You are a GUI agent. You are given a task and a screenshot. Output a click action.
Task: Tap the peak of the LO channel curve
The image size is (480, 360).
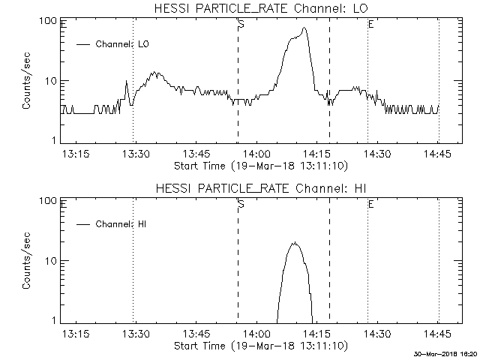[x=304, y=28]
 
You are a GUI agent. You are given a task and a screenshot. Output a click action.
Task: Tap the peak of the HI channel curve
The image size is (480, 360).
[x=295, y=242]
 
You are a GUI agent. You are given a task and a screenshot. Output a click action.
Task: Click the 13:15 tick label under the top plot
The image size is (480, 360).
[x=75, y=154]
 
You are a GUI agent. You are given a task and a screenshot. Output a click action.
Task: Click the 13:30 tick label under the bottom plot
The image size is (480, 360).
[x=135, y=334]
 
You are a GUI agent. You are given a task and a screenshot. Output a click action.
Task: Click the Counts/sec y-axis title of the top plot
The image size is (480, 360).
[x=27, y=80]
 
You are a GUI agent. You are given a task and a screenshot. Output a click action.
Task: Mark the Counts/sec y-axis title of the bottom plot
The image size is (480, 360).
[x=27, y=260]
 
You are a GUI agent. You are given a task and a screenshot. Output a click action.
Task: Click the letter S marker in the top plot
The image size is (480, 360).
[x=241, y=25]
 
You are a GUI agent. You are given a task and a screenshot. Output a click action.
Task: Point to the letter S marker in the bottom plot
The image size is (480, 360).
[x=241, y=205]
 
